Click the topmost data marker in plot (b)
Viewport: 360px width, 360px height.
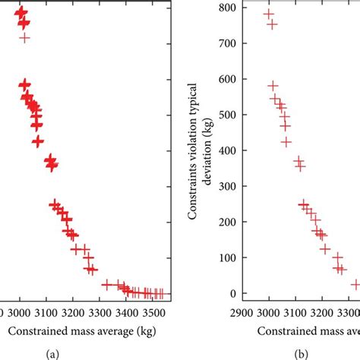pyautogui.click(x=268, y=14)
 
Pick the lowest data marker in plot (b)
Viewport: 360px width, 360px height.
pyautogui.click(x=355, y=285)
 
